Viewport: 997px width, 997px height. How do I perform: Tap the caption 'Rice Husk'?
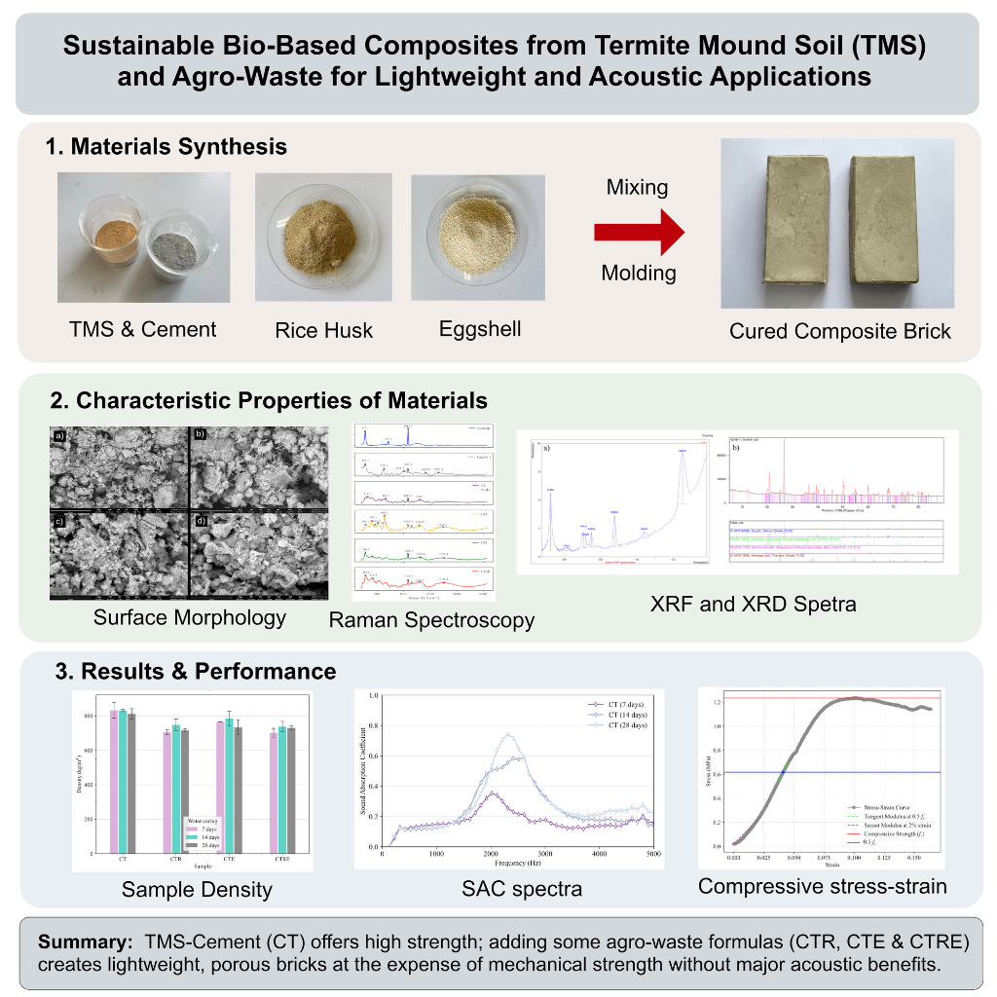[x=323, y=330]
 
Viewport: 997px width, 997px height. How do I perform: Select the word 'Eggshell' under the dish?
[x=480, y=328]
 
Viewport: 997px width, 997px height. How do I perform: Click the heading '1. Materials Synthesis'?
[x=166, y=147]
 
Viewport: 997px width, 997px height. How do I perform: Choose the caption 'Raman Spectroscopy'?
[x=431, y=619]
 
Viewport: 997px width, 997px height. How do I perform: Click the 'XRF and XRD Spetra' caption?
[x=754, y=604]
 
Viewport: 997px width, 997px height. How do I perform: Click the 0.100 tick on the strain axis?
[x=854, y=861]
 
